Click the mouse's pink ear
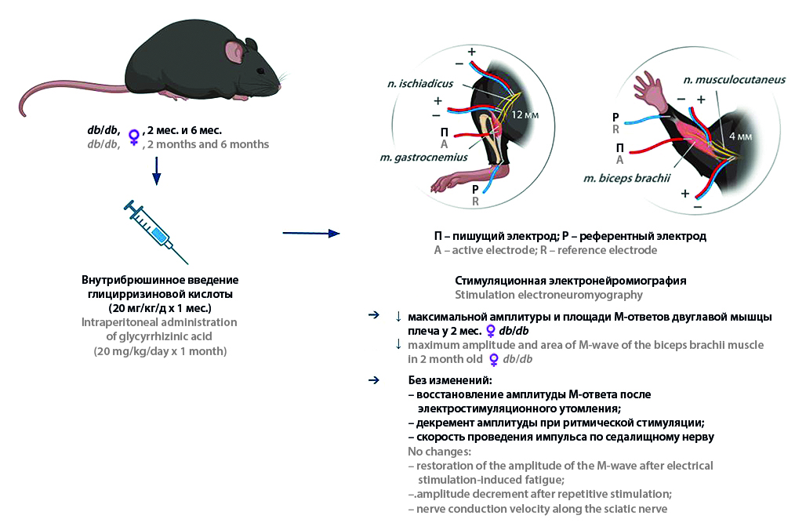pyautogui.click(x=234, y=52)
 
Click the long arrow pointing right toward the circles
pyautogui.click(x=310, y=233)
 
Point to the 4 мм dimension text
pyautogui.click(x=740, y=135)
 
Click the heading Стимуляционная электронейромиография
pyautogui.click(x=570, y=280)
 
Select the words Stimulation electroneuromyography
pyautogui.click(x=549, y=295)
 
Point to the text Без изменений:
pyautogui.click(x=443, y=380)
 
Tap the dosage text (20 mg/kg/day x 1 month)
pyautogui.click(x=160, y=351)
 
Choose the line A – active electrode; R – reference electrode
pyautogui.click(x=545, y=250)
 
